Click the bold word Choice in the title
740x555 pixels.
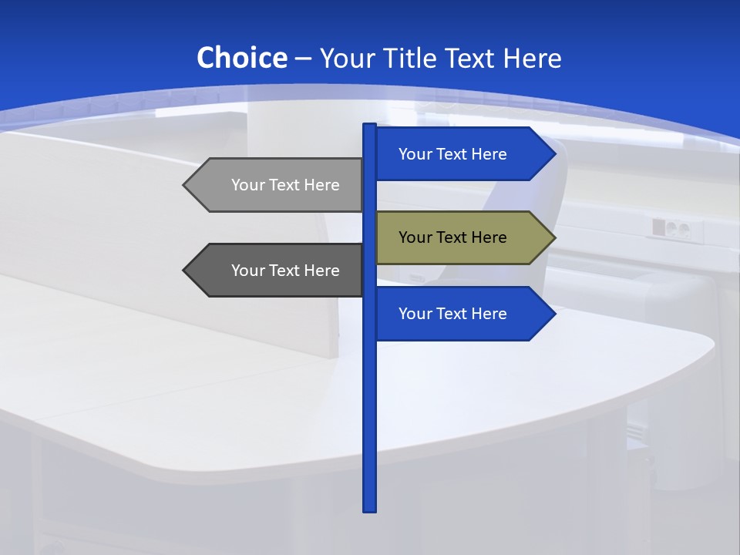[x=241, y=58]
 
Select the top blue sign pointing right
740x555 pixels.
[x=455, y=154]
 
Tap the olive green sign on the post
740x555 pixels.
[x=455, y=237]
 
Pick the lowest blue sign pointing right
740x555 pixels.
[x=455, y=314]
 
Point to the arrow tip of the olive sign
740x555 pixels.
[x=553, y=237]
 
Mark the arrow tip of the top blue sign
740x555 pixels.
[x=553, y=154]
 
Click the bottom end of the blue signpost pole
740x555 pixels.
[x=370, y=509]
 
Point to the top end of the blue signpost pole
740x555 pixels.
[x=370, y=126]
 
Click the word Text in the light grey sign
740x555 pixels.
[x=284, y=185]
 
